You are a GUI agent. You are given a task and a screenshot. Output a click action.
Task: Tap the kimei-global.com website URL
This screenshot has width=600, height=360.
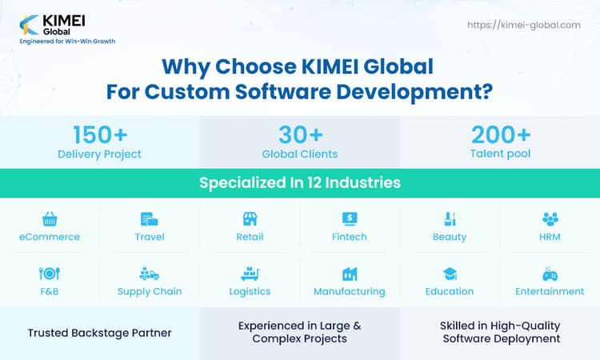[523, 25]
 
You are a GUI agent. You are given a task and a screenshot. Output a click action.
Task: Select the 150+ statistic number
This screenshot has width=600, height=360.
[100, 134]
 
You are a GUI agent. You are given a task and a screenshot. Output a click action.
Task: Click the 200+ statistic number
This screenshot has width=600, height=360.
[499, 134]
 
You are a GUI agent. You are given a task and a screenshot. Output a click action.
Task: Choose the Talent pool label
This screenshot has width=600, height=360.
[499, 154]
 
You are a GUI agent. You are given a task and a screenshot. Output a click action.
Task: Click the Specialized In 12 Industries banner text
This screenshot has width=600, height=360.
[300, 183]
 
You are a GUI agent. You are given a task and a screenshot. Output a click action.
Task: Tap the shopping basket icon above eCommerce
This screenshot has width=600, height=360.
[50, 218]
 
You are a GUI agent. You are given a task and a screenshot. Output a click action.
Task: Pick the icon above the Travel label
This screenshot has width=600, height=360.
[149, 218]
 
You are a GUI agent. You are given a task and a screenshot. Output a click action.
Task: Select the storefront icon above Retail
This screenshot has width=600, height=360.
[250, 218]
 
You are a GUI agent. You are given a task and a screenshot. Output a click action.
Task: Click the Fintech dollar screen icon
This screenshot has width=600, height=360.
[350, 218]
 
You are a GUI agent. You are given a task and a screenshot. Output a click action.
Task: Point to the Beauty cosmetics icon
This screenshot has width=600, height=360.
[450, 218]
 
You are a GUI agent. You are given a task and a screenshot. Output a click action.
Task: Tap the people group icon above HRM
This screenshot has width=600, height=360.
[550, 218]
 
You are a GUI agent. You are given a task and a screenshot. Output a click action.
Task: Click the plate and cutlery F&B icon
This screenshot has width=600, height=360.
[50, 274]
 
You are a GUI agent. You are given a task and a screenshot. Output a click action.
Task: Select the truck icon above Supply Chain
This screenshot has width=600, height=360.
[150, 274]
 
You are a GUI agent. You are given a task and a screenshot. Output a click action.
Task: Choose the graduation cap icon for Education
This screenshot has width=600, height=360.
[450, 274]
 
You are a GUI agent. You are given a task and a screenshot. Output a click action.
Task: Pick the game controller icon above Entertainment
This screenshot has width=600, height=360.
[550, 274]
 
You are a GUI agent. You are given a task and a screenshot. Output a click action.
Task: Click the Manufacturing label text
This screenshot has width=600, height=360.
[350, 292]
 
